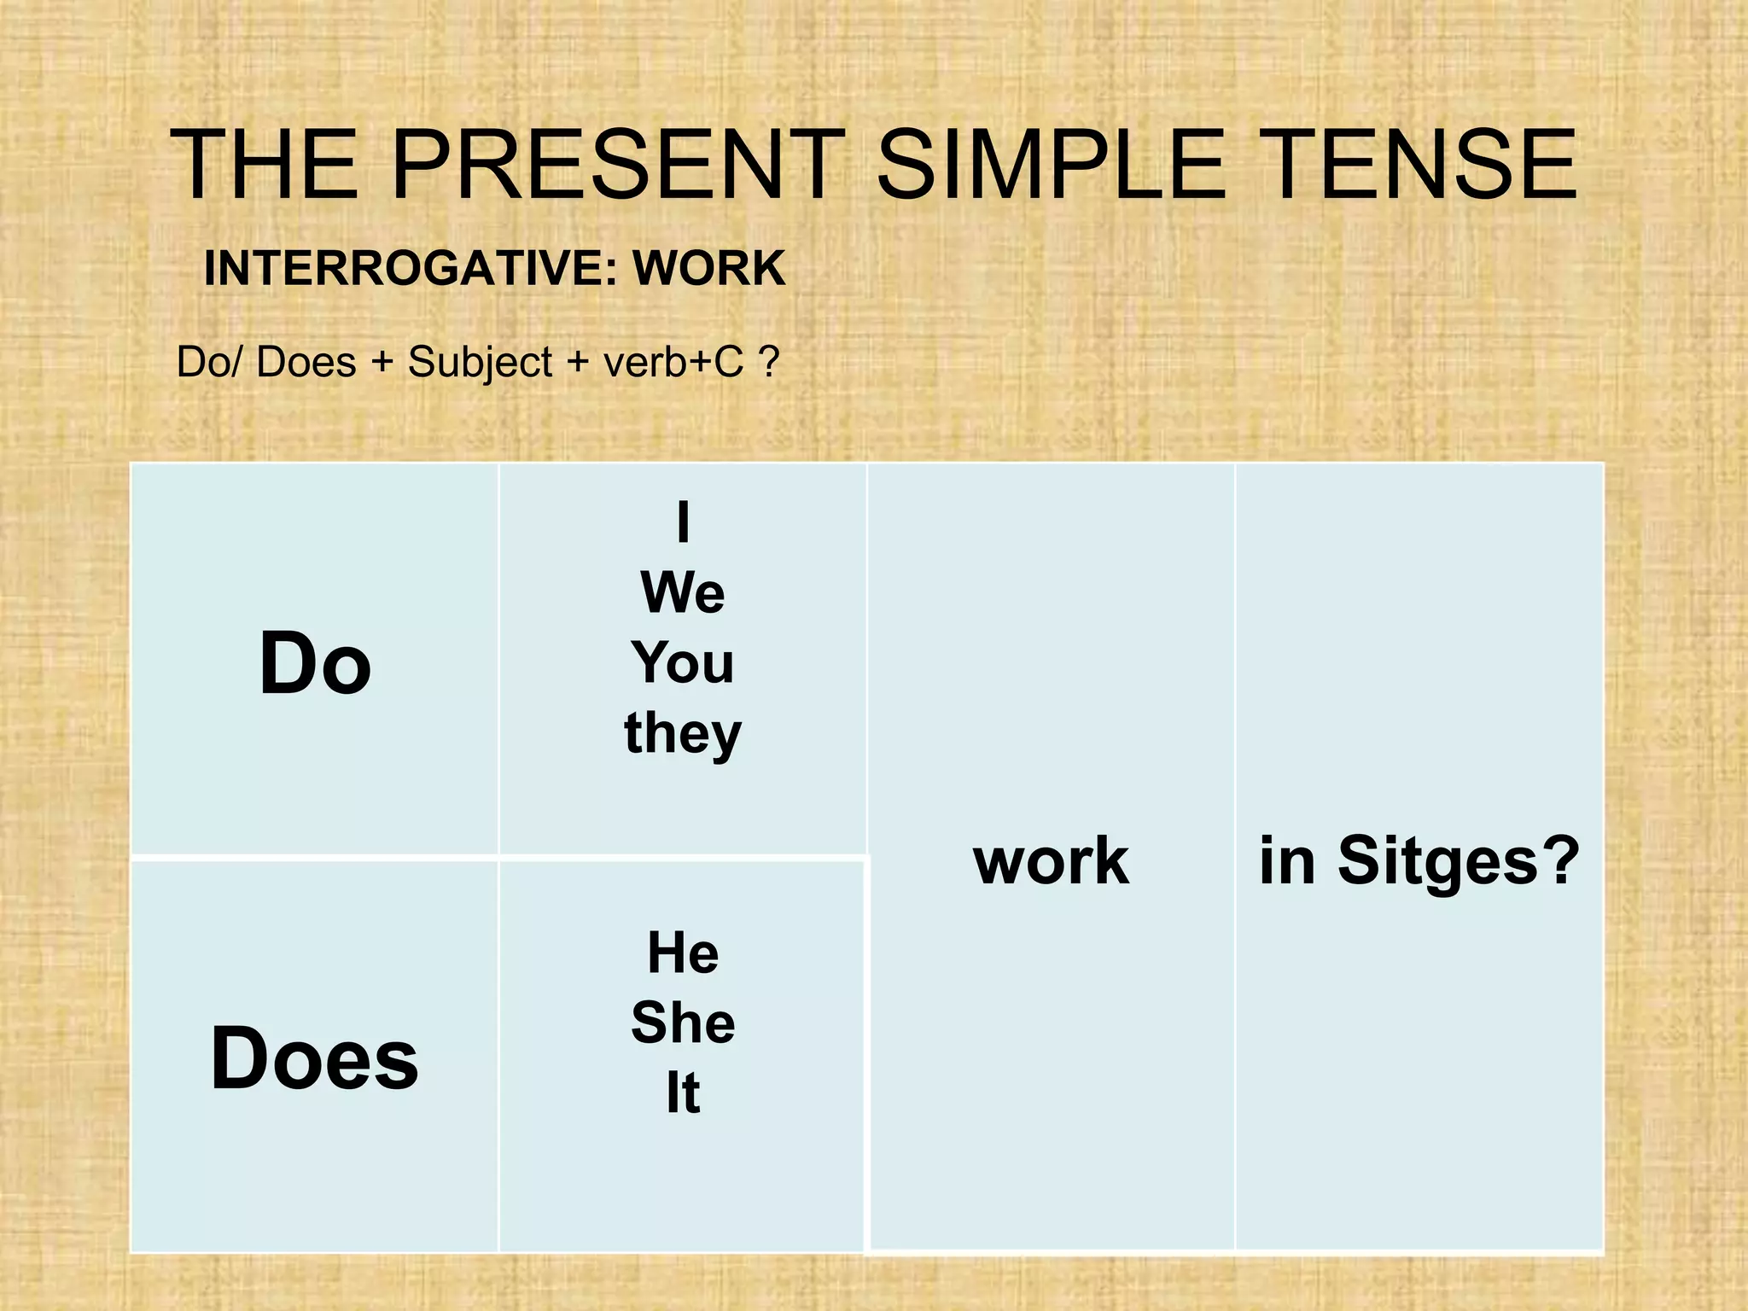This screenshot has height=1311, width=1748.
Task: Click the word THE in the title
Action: pos(265,164)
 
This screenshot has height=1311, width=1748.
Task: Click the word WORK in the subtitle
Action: pos(708,269)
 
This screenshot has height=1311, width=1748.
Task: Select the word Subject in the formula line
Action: pos(480,363)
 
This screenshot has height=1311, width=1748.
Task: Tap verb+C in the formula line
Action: pos(673,363)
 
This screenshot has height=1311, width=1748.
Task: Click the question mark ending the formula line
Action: pos(768,363)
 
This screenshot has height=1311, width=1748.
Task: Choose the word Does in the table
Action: pos(315,1058)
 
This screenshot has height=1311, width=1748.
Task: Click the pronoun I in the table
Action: pos(682,522)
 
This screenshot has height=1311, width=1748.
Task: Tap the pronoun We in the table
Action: pos(682,592)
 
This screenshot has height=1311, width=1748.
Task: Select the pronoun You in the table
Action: pos(682,663)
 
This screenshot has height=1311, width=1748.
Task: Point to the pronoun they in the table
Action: pos(682,734)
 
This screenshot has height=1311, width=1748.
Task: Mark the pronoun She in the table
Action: pos(682,1023)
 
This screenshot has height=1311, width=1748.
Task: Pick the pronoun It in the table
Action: pos(682,1093)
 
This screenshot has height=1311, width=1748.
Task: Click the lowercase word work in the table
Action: pos(1051,861)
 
